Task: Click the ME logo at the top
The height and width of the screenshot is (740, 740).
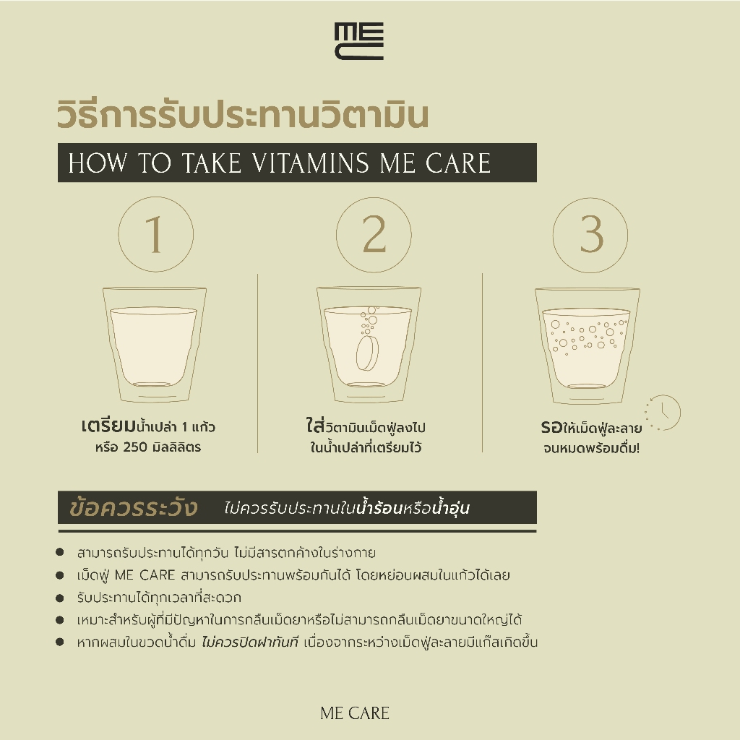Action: click(358, 41)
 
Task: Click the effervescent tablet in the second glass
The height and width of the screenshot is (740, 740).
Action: click(368, 353)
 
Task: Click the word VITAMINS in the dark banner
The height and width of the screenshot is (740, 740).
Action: click(310, 163)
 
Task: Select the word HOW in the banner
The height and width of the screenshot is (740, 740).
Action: click(98, 163)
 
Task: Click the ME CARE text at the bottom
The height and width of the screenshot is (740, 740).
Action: click(355, 713)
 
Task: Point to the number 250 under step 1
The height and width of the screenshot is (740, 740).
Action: click(135, 447)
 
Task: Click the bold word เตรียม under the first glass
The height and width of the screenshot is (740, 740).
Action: click(108, 426)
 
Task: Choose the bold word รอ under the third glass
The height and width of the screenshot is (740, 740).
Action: click(551, 427)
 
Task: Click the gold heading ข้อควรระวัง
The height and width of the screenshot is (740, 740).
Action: click(133, 507)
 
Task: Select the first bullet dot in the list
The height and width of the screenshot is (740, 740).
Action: click(59, 552)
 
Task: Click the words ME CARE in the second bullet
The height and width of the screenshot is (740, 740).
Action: click(145, 575)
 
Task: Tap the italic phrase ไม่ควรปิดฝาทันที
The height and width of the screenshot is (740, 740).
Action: click(249, 642)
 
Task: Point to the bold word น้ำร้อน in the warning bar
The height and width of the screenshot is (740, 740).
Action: click(379, 507)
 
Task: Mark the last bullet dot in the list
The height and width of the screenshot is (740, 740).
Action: click(59, 642)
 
